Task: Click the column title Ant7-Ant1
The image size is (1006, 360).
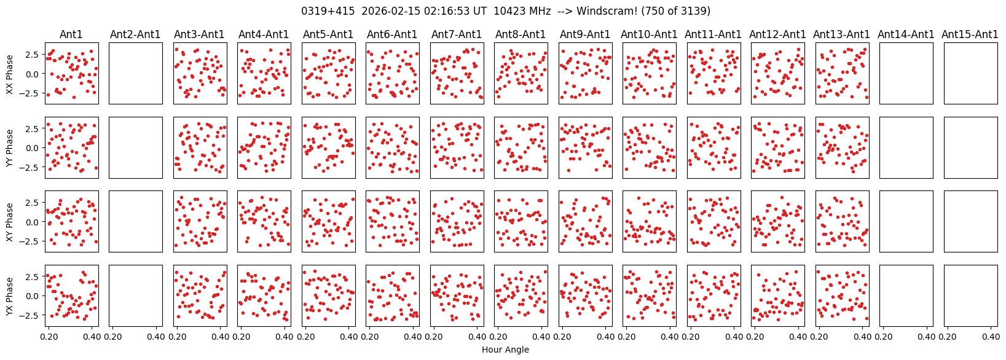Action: coord(457,34)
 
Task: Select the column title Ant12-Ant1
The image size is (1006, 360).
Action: coord(777,34)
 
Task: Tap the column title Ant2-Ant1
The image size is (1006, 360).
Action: coord(135,34)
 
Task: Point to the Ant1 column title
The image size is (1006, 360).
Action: coord(71,34)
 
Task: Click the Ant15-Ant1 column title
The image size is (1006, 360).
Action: coord(970,34)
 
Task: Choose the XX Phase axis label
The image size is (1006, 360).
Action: coord(10,74)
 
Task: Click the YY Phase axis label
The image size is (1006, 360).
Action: coord(10,147)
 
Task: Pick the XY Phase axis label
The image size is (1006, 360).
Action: coord(10,221)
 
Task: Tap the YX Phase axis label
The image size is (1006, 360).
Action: coord(10,295)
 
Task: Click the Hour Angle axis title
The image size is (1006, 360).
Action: coord(505,350)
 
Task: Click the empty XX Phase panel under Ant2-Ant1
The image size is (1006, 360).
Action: coord(135,74)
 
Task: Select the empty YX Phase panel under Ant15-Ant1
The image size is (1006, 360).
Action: coord(970,295)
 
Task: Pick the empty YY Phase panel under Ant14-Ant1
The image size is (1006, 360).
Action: coord(906,147)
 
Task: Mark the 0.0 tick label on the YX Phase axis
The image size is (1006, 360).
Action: coord(33,295)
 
